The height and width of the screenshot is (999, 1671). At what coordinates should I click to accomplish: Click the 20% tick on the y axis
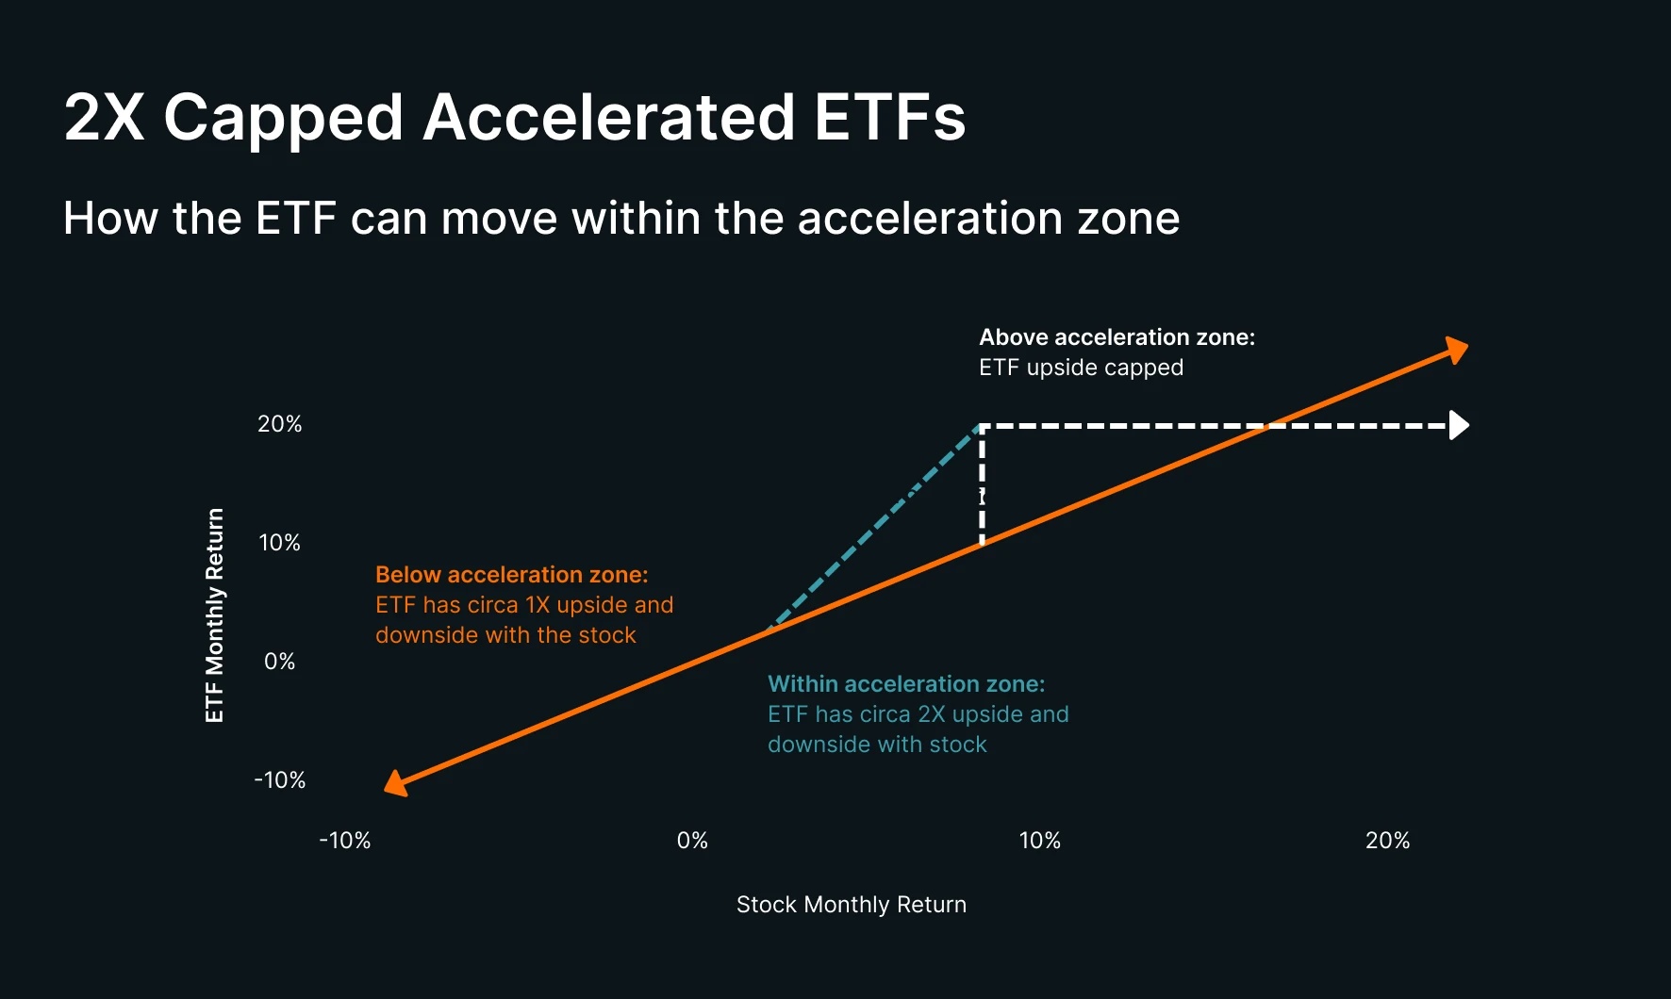280,424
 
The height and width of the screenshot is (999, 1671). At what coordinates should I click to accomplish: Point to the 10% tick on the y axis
280,543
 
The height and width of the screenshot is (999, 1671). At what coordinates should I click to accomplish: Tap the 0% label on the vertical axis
280,662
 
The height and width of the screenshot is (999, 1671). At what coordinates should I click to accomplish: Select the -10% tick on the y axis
280,780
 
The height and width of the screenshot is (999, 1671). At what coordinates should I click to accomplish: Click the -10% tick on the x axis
345,841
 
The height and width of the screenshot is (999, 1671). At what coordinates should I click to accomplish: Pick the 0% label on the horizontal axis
693,841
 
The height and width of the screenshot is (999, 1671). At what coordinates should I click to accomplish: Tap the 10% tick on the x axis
1040,841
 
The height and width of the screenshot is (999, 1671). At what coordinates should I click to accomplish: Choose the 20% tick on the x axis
1388,841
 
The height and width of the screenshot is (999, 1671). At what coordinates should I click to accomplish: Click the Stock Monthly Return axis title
852,905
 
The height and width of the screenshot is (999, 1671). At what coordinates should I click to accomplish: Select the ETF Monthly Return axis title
215,615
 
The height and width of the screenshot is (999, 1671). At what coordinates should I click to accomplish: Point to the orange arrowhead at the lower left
396,783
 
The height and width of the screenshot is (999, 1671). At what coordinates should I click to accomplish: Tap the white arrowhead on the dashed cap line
1460,425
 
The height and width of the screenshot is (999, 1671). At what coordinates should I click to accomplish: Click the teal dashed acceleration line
876,528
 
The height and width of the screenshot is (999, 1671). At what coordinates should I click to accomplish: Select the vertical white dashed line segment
983,484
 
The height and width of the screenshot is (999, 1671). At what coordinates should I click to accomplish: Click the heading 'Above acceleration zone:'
1117,337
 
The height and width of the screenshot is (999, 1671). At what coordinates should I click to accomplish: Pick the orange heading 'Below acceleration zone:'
512,575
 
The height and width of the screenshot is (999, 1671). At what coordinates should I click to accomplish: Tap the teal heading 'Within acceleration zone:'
906,684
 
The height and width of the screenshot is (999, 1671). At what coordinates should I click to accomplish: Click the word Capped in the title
284,119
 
